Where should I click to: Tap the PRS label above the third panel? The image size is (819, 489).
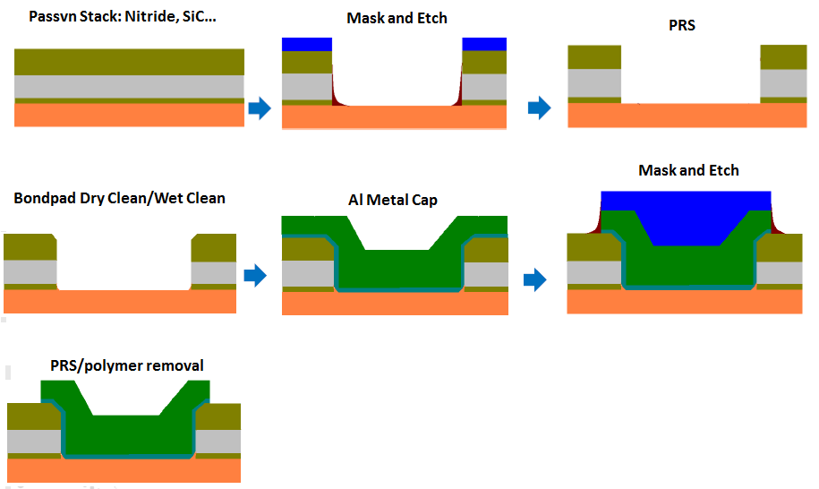pyautogui.click(x=682, y=25)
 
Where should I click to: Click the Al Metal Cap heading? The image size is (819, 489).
pyautogui.click(x=393, y=200)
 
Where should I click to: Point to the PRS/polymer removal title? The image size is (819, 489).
pyautogui.click(x=127, y=365)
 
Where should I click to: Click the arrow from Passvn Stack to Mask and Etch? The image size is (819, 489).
pyautogui.click(x=259, y=108)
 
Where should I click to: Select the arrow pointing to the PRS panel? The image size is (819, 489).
pyautogui.click(x=538, y=108)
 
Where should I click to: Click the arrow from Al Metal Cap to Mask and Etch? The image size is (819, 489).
pyautogui.click(x=534, y=279)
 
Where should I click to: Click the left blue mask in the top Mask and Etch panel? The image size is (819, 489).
pyautogui.click(x=307, y=44)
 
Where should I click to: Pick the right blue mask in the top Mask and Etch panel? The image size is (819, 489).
pyautogui.click(x=484, y=44)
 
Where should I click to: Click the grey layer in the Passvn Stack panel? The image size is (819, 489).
pyautogui.click(x=130, y=86)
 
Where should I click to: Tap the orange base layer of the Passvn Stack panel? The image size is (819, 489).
pyautogui.click(x=130, y=116)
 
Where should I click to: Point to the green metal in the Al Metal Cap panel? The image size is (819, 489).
pyautogui.click(x=395, y=269)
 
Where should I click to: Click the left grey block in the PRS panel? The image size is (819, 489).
pyautogui.click(x=594, y=83)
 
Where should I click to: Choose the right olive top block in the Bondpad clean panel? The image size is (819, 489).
pyautogui.click(x=214, y=247)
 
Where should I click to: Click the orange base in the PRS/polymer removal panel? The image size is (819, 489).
pyautogui.click(x=124, y=471)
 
